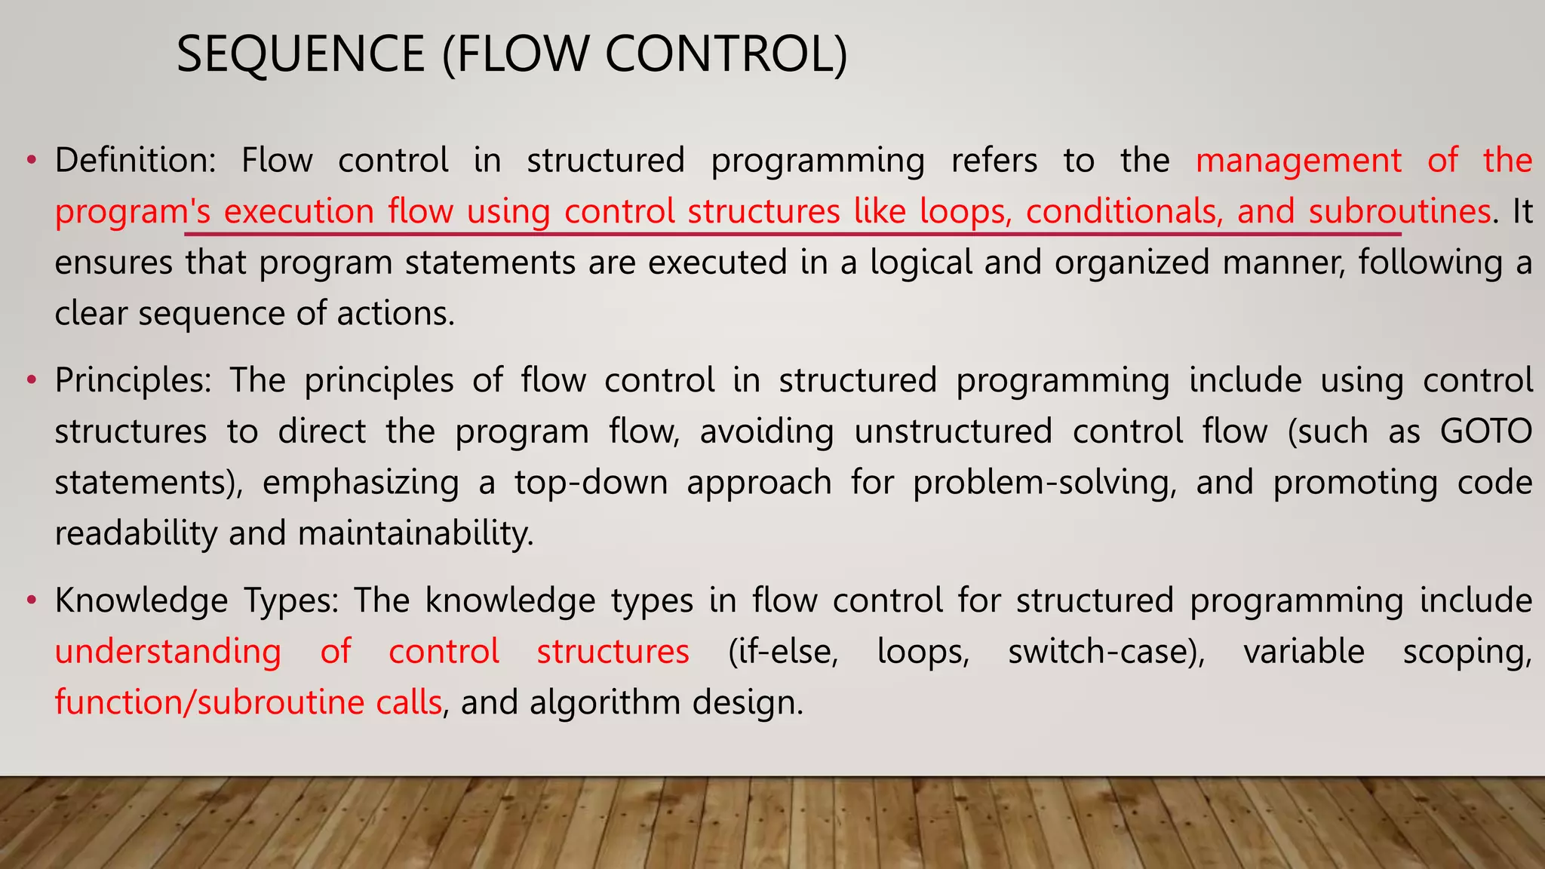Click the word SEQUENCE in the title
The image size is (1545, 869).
[x=300, y=54]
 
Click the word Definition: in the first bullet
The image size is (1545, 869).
[x=135, y=161]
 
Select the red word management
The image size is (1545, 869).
[x=1298, y=161]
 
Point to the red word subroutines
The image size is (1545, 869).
[x=1399, y=211]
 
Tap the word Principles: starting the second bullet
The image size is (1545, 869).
[x=134, y=380]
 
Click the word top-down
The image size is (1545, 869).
[x=591, y=483]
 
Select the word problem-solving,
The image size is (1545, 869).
[x=1045, y=483]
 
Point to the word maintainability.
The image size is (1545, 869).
[x=416, y=534]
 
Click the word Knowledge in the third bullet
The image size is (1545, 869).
[x=141, y=600]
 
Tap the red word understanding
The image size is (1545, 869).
[x=167, y=652]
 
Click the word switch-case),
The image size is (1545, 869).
[x=1107, y=652]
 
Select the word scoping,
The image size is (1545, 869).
[x=1467, y=652]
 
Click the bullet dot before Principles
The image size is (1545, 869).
[x=31, y=380]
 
